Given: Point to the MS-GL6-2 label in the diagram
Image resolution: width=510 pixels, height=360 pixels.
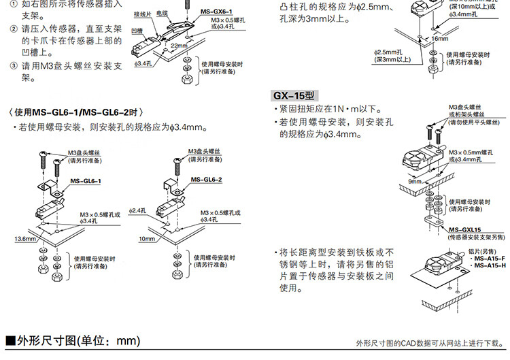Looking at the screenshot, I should click(207, 180).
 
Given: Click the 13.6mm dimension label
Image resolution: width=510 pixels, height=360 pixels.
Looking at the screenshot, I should click(25, 240).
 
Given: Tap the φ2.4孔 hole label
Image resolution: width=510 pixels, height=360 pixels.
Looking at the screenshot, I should click(138, 211).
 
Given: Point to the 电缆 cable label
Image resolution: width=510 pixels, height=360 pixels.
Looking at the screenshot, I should click(161, 13).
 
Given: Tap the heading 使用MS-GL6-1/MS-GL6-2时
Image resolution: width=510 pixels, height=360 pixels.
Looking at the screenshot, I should click(78, 112).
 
